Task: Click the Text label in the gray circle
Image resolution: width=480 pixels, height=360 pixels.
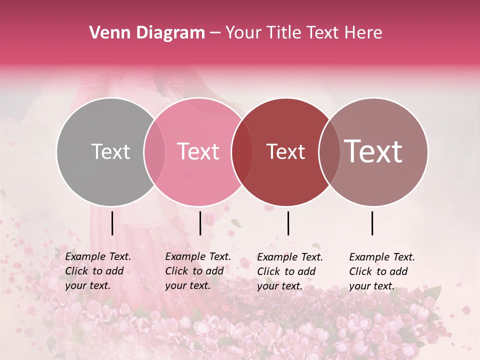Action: point(110,151)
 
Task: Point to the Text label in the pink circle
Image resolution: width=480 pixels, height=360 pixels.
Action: point(198,151)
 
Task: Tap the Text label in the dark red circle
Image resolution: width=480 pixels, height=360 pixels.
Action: point(285,151)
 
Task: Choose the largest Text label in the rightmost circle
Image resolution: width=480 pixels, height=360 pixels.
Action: point(373,151)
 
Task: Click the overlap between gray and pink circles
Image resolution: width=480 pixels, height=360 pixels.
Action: point(154,151)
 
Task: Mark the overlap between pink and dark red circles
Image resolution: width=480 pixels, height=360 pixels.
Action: point(241,151)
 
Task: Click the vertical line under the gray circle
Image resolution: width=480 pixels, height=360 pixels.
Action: point(112,223)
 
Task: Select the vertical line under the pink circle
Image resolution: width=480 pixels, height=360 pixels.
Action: point(200,223)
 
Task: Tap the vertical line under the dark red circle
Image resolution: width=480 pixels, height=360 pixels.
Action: point(288,223)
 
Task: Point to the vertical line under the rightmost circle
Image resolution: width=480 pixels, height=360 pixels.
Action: point(372,223)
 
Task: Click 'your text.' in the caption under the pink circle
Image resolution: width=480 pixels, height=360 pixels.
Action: point(187,285)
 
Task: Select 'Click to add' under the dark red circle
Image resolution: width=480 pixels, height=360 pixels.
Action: point(286,271)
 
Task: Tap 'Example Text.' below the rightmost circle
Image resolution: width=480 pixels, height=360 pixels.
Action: point(382,257)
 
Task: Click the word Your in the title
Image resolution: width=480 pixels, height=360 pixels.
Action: point(243,33)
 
